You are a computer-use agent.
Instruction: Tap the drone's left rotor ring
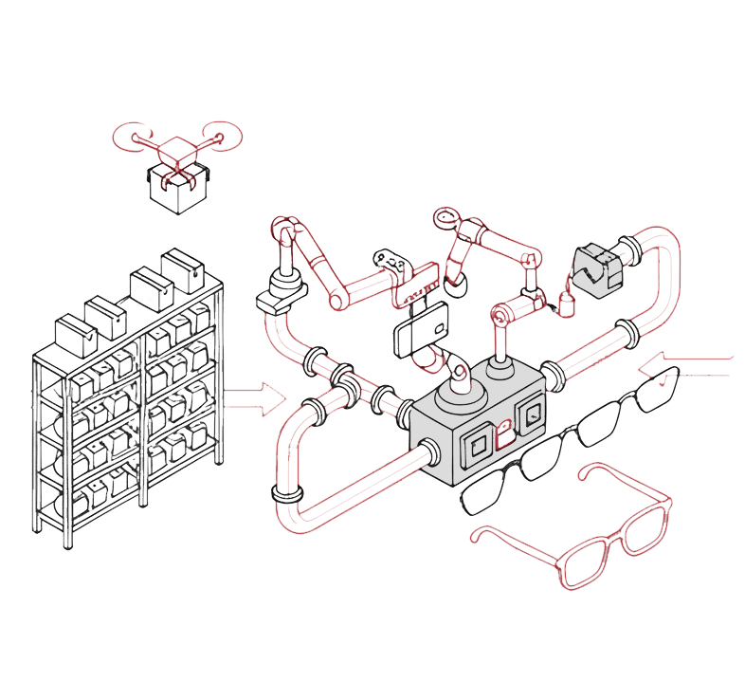click(129, 136)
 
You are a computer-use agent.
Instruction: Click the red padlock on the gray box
click(505, 434)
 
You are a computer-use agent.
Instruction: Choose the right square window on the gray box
click(533, 414)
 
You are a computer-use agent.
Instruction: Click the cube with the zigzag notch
click(597, 266)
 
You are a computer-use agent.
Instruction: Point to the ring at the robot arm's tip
click(443, 219)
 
